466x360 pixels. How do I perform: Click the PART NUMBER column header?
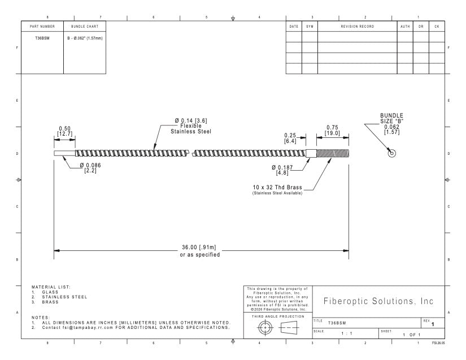point(42,27)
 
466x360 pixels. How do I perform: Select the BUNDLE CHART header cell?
point(85,27)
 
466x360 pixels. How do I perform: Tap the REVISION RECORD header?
point(358,27)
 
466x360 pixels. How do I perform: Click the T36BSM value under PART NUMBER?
point(42,38)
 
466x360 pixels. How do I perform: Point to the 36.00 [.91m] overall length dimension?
point(199,248)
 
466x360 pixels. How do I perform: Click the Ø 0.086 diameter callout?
point(90,165)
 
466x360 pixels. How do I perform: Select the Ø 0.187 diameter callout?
point(282,168)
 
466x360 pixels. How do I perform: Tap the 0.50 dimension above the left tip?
point(65,128)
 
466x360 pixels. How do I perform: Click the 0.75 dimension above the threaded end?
point(332,128)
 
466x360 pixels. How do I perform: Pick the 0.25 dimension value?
point(290,136)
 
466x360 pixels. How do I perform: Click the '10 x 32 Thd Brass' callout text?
point(277,187)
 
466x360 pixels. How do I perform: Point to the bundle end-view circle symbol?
point(392,154)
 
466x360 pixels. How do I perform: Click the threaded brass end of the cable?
point(333,153)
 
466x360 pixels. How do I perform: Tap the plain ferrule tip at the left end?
point(64,153)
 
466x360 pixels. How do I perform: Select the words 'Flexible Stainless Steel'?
point(191,129)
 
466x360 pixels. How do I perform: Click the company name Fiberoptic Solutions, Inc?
point(378,301)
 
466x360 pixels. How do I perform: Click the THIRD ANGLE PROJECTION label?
point(278,316)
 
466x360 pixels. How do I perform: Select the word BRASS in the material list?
point(50,302)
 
